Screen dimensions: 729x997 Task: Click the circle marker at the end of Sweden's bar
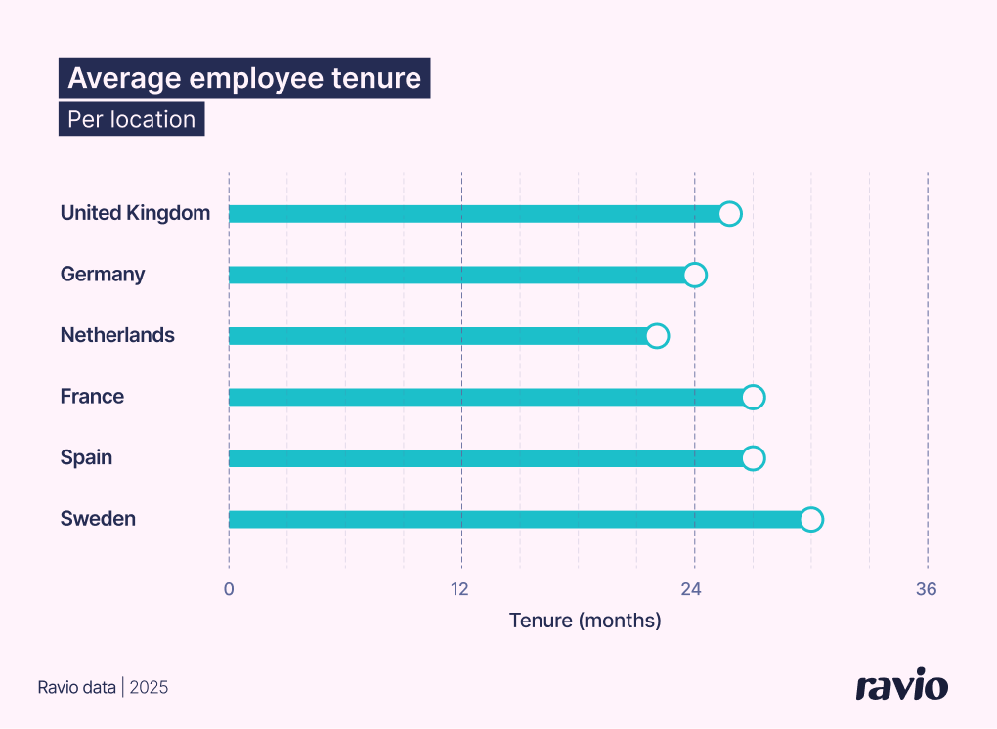click(x=810, y=519)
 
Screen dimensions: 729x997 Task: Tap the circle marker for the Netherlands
click(x=657, y=336)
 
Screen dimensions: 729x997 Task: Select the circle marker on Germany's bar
click(x=694, y=275)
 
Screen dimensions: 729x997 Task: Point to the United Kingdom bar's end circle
click(x=729, y=214)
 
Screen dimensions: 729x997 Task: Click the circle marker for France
click(x=752, y=397)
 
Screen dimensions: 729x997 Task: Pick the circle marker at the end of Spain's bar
click(x=752, y=458)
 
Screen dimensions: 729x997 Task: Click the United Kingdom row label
click(x=135, y=213)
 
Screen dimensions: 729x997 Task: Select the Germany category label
click(x=103, y=275)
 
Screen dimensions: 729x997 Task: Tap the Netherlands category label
click(x=117, y=335)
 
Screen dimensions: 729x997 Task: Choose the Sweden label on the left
click(x=98, y=519)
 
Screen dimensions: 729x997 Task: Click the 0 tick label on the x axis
click(x=229, y=589)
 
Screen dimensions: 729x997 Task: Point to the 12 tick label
click(x=459, y=589)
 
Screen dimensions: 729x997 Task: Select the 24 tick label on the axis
click(x=692, y=589)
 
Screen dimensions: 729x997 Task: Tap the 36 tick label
click(x=926, y=589)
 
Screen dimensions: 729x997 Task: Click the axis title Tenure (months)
click(x=585, y=621)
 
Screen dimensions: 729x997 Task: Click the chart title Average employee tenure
click(x=244, y=78)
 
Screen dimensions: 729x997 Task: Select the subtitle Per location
click(x=131, y=119)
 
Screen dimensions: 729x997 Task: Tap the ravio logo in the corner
click(x=901, y=685)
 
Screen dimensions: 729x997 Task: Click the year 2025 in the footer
click(x=149, y=688)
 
